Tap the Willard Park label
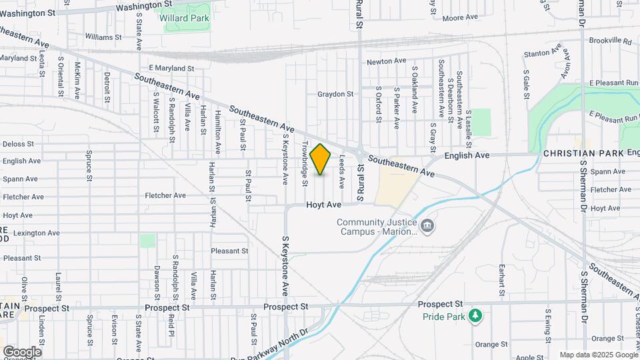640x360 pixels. (x=185, y=18)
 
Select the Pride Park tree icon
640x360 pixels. (x=475, y=315)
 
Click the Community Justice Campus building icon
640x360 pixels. (x=427, y=226)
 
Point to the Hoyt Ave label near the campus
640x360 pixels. (x=324, y=205)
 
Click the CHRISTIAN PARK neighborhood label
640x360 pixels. (x=583, y=153)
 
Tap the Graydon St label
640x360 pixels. (x=335, y=94)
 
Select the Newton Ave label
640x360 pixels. (x=387, y=61)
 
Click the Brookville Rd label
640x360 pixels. (x=610, y=41)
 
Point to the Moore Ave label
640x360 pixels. (x=461, y=17)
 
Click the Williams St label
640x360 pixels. (x=103, y=37)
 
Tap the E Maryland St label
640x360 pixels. (x=171, y=68)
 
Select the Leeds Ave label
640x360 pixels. (x=343, y=170)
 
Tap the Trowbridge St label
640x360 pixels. (x=305, y=163)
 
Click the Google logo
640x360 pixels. (x=22, y=351)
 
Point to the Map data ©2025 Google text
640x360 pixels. (x=598, y=355)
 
